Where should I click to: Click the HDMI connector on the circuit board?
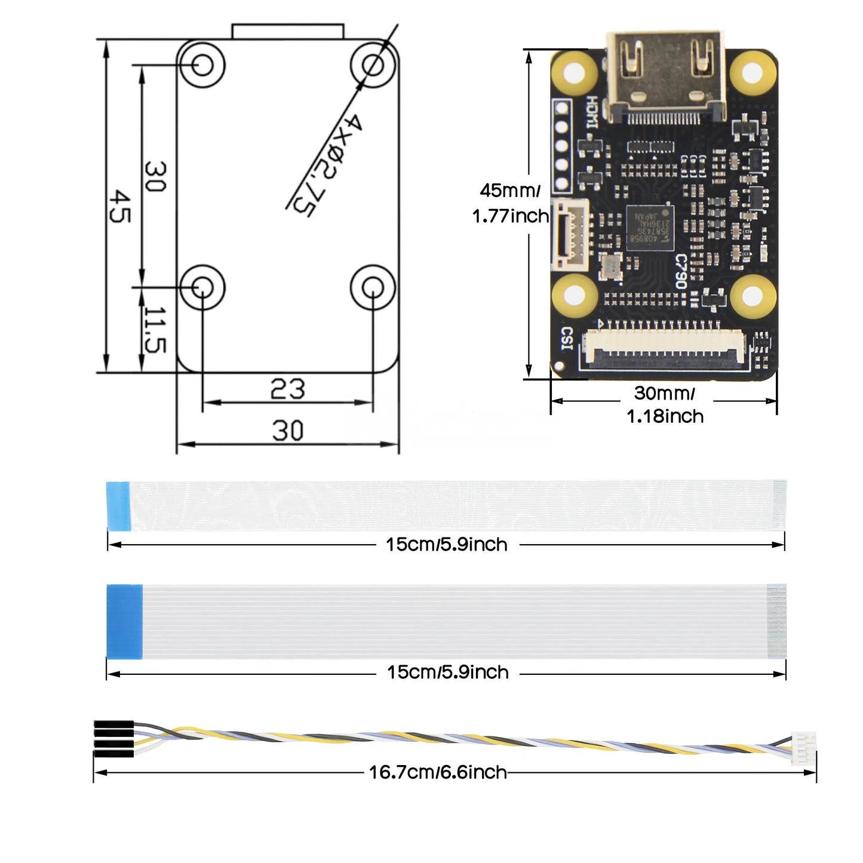[666, 75]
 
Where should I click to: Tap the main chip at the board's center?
[650, 227]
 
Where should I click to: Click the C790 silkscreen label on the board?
[681, 271]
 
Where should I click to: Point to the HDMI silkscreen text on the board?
[591, 112]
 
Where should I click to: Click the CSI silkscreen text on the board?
[566, 339]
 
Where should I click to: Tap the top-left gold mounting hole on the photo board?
[574, 73]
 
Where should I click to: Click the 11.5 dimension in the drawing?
[155, 330]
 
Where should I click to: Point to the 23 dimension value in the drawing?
[287, 389]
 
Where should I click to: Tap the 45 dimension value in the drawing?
[120, 206]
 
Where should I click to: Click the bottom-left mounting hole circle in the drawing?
[202, 287]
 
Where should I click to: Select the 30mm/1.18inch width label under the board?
[665, 404]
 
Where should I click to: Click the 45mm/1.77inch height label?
[510, 203]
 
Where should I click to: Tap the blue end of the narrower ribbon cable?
[118, 505]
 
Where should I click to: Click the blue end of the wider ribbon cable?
[124, 621]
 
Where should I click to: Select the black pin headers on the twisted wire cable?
[113, 739]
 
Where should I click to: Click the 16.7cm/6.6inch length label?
[438, 772]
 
